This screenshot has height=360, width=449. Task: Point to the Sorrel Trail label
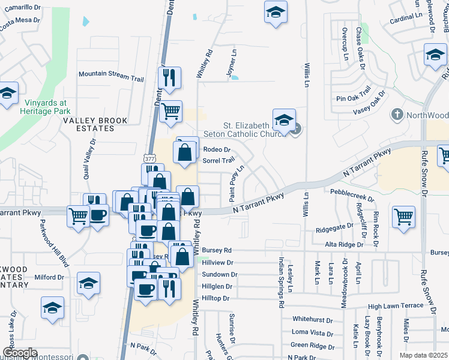point(218,161)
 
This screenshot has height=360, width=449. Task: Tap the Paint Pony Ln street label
point(232,182)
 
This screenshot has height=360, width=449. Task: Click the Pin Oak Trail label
point(355,98)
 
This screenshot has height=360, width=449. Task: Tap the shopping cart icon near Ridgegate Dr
point(404,217)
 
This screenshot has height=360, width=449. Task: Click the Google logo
point(20,353)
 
